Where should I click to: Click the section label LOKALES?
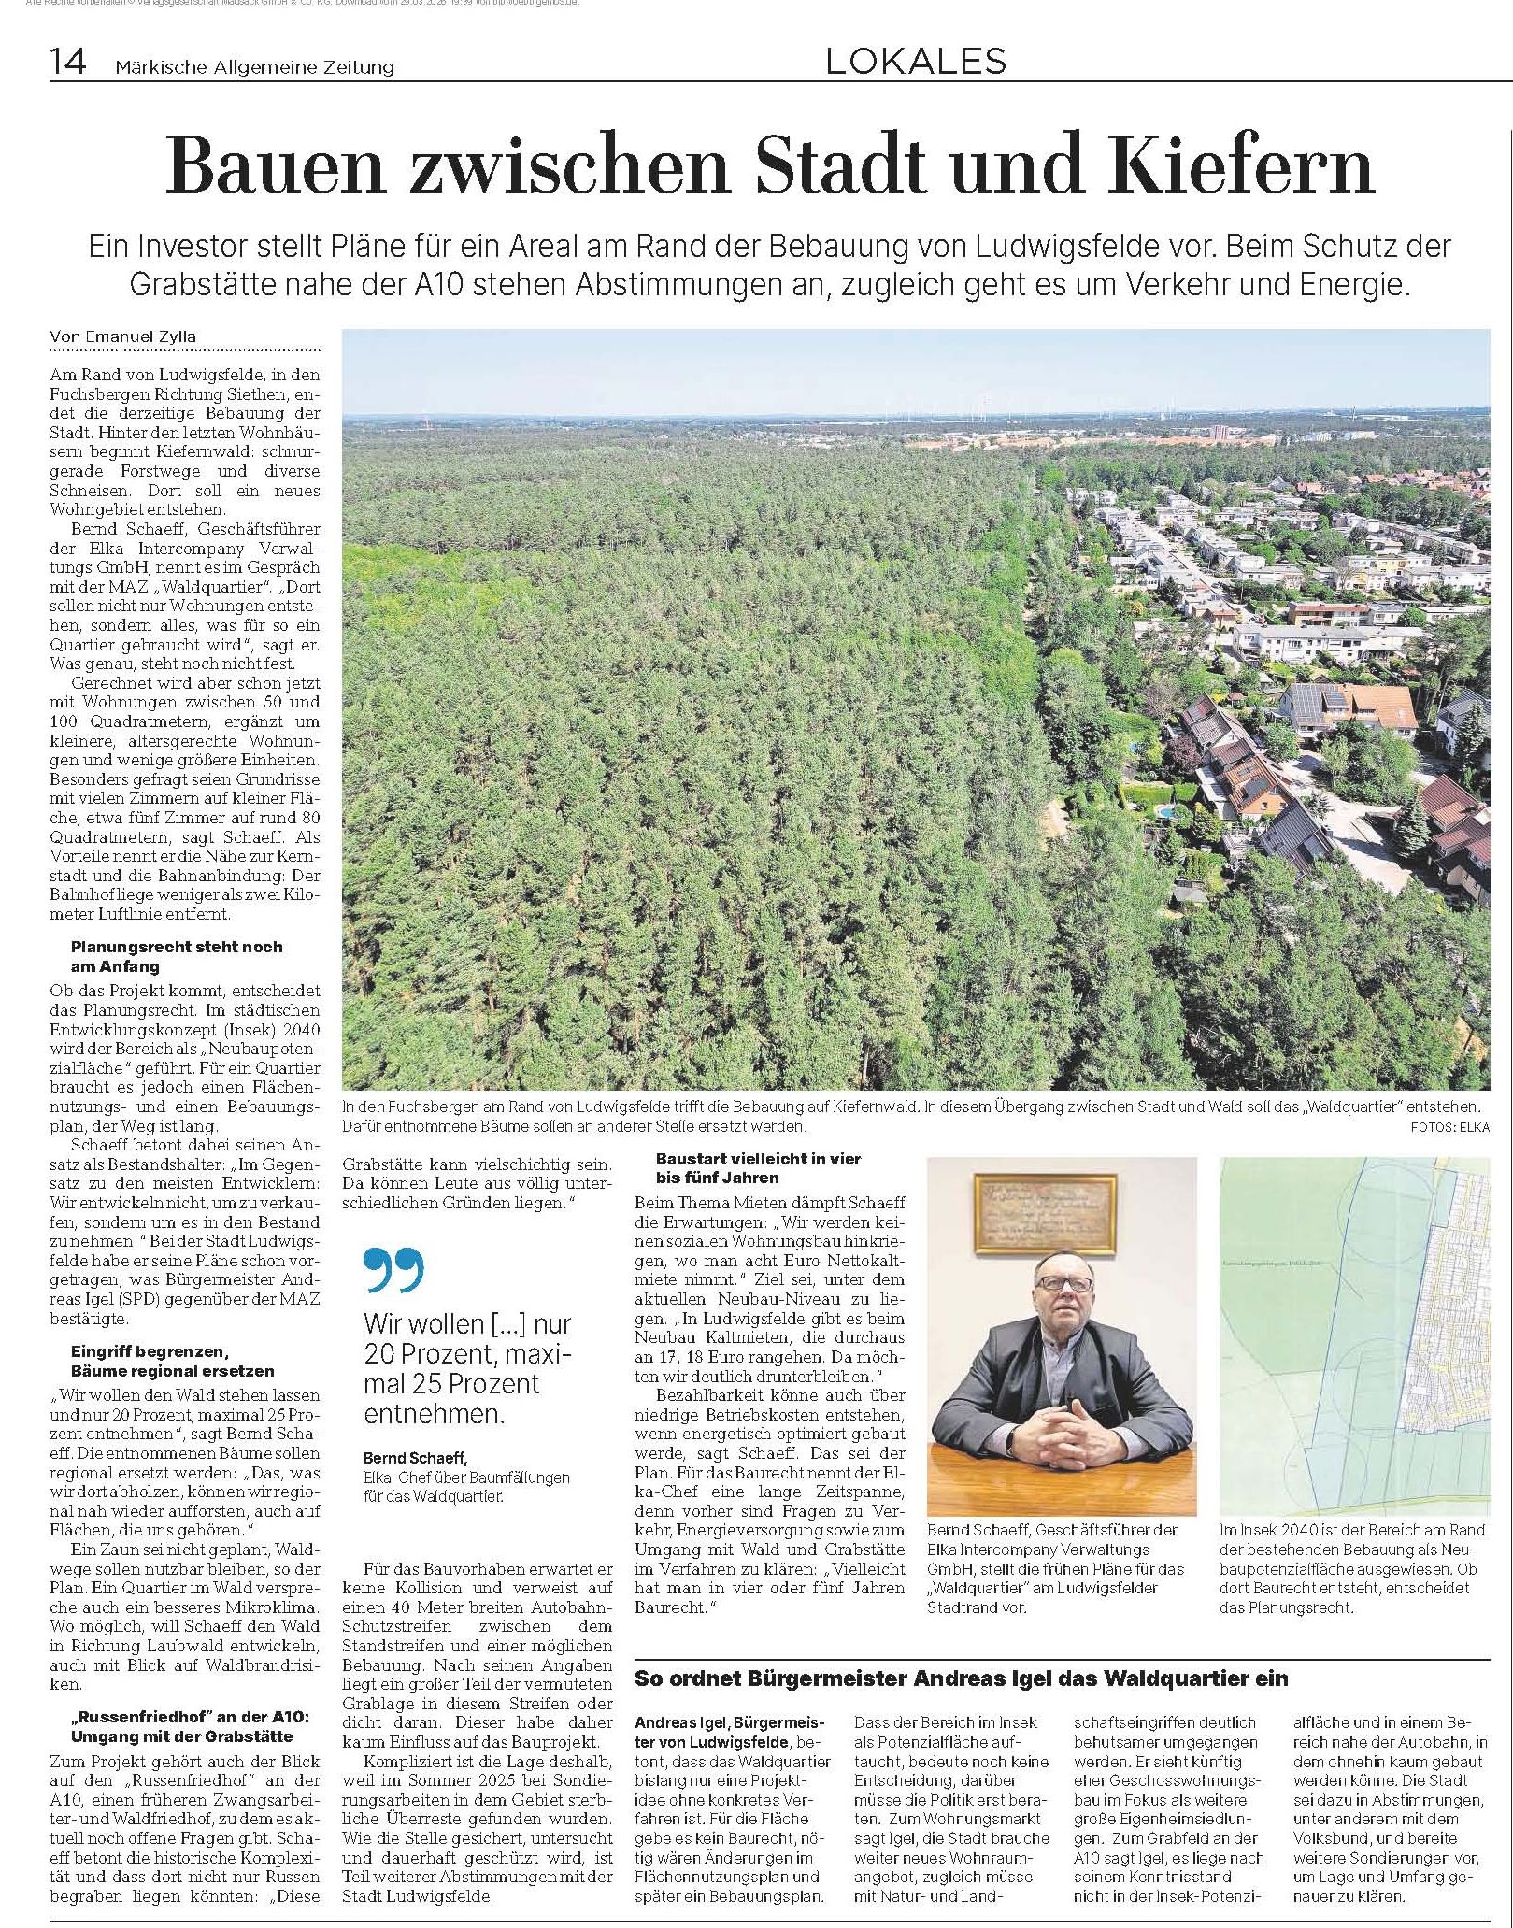915,61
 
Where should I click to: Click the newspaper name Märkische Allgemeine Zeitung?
254,67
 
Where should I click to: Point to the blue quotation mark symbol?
393,1269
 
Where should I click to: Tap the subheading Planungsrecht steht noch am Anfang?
175,956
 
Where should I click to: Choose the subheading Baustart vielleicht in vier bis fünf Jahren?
757,1168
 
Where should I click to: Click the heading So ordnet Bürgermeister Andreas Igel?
961,1678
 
